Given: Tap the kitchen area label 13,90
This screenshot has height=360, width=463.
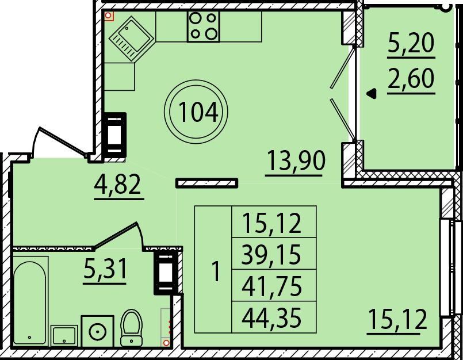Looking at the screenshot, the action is (x=296, y=160).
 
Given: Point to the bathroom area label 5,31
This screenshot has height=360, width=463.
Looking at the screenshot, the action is (x=105, y=269).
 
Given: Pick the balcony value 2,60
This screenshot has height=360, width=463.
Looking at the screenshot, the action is (x=411, y=79).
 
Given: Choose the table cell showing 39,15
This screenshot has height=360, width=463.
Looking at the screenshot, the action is (x=271, y=254).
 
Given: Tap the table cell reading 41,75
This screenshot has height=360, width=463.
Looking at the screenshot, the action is (x=271, y=286).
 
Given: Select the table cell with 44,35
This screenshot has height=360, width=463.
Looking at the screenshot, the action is (x=271, y=318).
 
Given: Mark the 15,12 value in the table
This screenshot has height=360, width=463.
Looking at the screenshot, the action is (x=271, y=223).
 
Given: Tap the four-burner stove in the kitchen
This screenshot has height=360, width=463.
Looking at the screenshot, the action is (x=203, y=26).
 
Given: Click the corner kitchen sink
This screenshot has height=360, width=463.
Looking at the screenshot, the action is (x=131, y=38).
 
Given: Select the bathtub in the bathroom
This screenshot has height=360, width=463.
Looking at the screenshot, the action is (x=30, y=302).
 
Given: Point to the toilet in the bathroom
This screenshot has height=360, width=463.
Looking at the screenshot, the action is (x=131, y=327).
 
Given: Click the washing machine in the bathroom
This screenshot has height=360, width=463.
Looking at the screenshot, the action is (x=97, y=331).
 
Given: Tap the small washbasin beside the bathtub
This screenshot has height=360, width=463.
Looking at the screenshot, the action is (x=64, y=336).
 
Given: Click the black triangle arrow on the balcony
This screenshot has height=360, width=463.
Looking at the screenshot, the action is (x=372, y=94).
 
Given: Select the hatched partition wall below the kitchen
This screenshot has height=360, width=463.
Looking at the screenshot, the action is (x=206, y=183).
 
